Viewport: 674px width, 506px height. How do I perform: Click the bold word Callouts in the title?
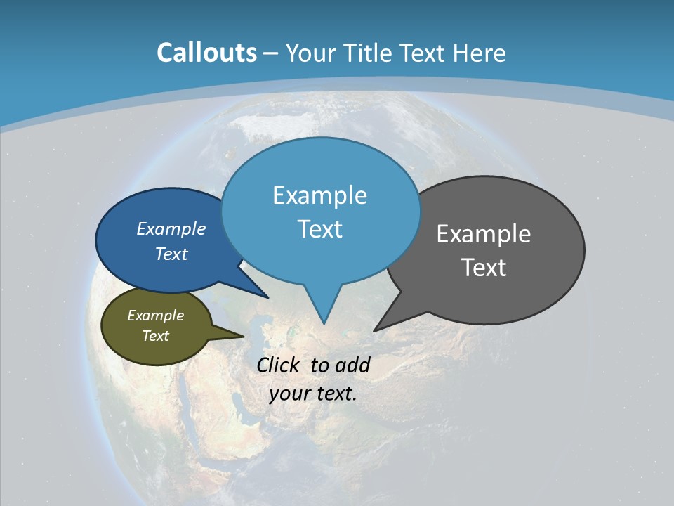pos(206,53)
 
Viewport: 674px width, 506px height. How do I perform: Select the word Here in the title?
pos(480,53)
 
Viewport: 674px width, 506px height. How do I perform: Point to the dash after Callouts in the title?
pos(271,53)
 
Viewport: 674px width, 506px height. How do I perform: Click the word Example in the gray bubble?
pos(484,234)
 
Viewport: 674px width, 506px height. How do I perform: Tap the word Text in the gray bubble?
pos(484,267)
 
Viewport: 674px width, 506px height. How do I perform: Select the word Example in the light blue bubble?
pos(319,195)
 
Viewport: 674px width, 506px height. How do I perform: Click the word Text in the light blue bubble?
pos(319,229)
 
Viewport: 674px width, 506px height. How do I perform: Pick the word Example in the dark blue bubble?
pos(171,228)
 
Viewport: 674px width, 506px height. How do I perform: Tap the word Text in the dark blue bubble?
pos(171,254)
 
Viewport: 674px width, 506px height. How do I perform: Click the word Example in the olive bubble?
pos(155,316)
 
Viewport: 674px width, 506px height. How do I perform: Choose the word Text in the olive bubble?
pos(155,336)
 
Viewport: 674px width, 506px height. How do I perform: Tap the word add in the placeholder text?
pos(352,365)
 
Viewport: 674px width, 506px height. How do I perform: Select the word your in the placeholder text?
pos(289,394)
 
